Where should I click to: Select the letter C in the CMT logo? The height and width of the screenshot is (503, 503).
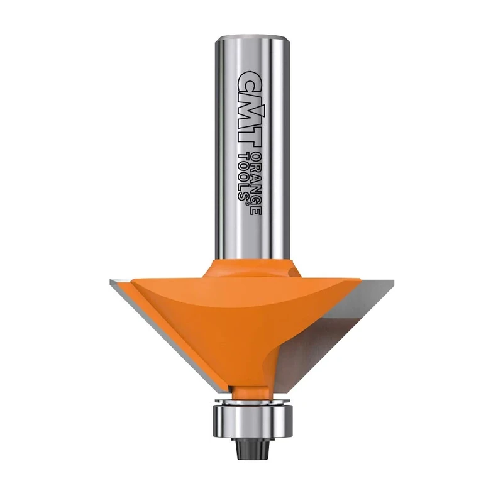[246, 79]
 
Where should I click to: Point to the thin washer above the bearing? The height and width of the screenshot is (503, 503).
[251, 399]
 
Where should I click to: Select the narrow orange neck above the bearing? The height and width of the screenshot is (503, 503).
[251, 389]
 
